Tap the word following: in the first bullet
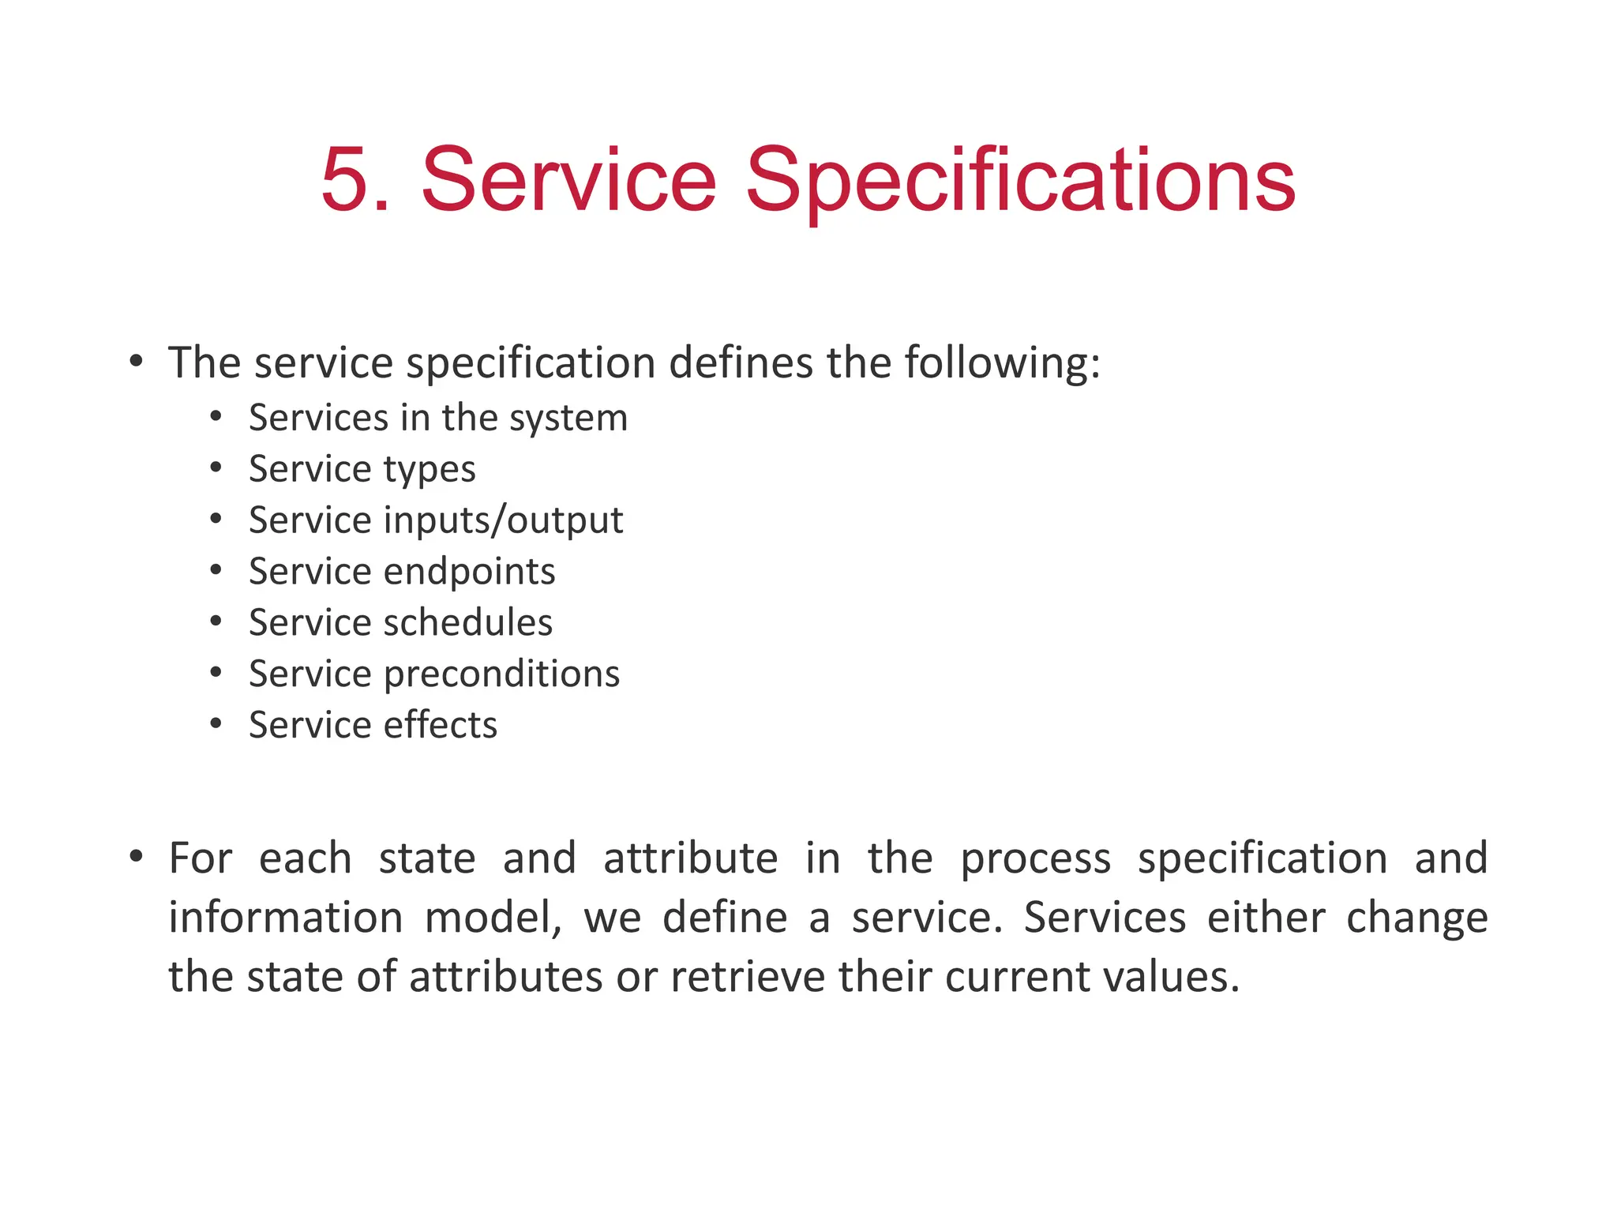click(x=1002, y=363)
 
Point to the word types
click(x=430, y=470)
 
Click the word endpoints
click(x=469, y=572)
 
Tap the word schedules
click(x=467, y=622)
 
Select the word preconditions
click(x=501, y=674)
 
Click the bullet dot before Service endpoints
click(x=216, y=570)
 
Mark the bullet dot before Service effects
click(x=216, y=723)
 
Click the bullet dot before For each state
click(x=136, y=856)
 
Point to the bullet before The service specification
click(x=136, y=362)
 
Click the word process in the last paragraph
click(x=1035, y=859)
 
